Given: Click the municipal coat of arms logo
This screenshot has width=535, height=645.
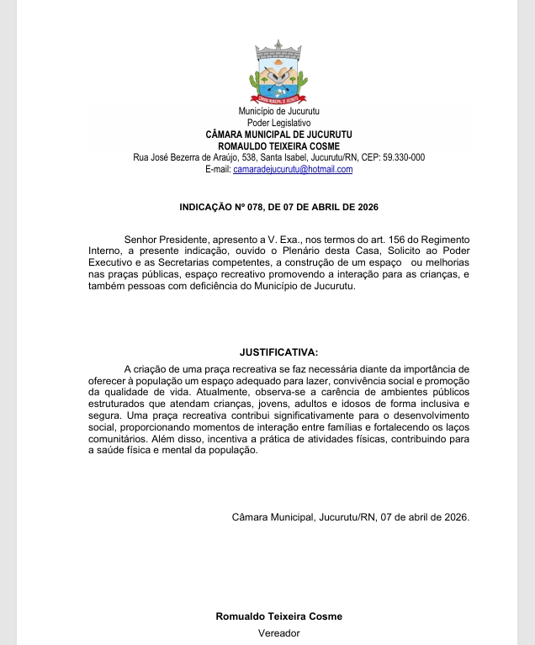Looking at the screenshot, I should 278,73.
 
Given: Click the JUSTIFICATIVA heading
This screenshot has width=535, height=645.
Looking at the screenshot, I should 278,352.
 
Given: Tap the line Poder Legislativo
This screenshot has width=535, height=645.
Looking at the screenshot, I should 278,123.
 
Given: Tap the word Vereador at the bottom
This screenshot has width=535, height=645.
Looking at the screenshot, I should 278,633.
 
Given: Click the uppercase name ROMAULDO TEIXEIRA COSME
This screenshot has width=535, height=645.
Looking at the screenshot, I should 278,145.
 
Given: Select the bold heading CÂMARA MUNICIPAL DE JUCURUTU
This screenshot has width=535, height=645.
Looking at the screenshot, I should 278,135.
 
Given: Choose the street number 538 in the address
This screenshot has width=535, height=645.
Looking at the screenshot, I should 249,157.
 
